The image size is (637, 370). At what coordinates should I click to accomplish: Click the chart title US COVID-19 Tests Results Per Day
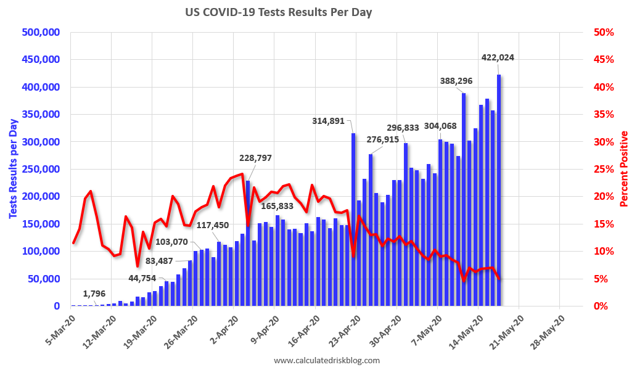point(279,12)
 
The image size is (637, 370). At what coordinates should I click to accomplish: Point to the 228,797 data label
point(255,158)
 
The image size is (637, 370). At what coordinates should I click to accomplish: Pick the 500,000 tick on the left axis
point(40,32)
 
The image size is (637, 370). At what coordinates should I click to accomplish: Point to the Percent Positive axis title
point(624,168)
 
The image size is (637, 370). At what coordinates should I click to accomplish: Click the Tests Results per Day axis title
point(12,168)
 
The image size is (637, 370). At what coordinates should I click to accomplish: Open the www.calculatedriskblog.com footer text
point(327,360)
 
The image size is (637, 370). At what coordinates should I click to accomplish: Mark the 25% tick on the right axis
point(602,169)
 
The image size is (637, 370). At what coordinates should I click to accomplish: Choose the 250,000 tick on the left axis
point(40,169)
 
